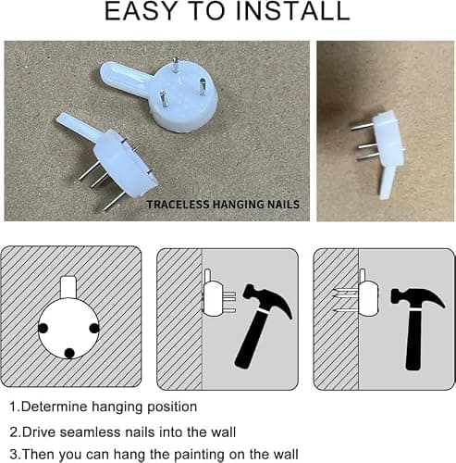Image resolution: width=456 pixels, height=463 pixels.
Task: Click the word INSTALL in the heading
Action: coord(292,11)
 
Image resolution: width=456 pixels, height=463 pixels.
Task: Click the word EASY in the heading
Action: coord(141,11)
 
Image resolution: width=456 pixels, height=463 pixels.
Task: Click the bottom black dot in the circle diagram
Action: coord(69,353)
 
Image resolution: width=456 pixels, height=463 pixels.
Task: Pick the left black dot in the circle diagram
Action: coord(43,328)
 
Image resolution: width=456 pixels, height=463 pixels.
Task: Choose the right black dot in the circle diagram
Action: coord(94,328)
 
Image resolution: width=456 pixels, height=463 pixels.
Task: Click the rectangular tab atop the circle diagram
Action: coord(68,287)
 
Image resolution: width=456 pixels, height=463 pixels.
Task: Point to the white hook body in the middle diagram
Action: coord(213,299)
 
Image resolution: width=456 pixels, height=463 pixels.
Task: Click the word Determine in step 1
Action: coord(55,407)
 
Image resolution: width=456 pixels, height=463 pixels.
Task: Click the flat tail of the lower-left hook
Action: coord(79,126)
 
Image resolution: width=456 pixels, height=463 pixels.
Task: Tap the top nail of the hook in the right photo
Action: coord(362,126)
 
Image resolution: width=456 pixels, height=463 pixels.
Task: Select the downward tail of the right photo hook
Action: coord(387,182)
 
